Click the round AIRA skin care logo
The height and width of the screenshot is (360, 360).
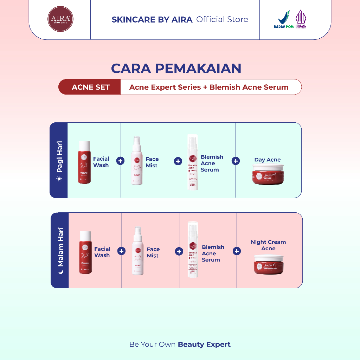[x=60, y=19]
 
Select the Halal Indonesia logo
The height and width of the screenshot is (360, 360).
[x=301, y=19]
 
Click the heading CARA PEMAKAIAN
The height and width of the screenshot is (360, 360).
[x=176, y=69]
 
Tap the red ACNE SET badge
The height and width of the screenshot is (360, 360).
[x=90, y=87]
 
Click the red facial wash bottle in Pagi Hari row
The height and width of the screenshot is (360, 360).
[x=84, y=162]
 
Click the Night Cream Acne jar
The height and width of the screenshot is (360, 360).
[x=268, y=264]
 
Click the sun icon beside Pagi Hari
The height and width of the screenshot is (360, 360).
[x=59, y=179]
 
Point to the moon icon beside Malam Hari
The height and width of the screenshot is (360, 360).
[x=60, y=272]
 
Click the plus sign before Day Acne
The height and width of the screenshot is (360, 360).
[x=236, y=161]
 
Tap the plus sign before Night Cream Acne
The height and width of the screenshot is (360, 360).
[x=237, y=251]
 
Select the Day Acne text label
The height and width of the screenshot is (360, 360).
[x=268, y=160]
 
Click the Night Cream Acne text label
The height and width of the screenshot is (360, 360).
[x=268, y=245]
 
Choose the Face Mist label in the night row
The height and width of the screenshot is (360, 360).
[x=153, y=252]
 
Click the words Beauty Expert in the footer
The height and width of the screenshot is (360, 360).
[x=204, y=344]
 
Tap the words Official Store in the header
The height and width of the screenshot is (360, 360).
[x=222, y=20]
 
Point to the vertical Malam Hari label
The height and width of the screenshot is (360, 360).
[x=60, y=247]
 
